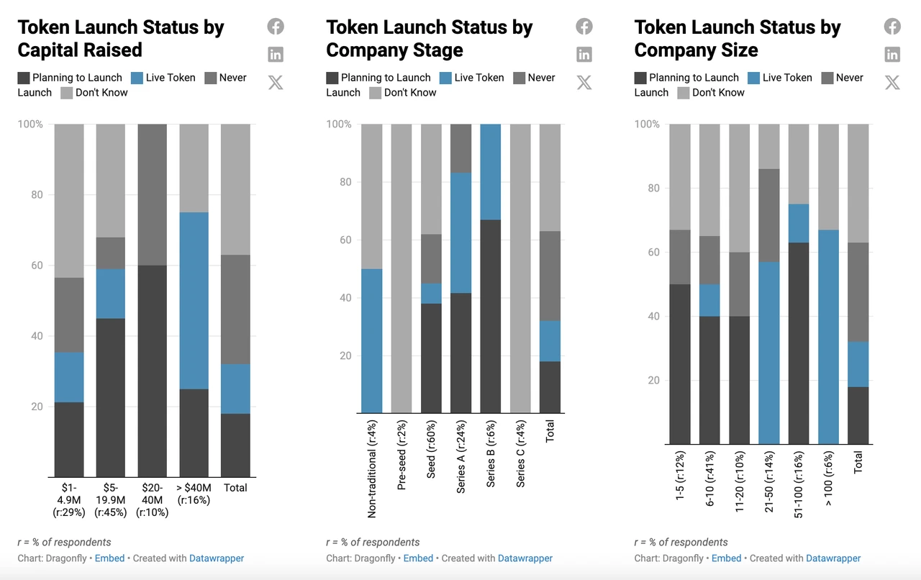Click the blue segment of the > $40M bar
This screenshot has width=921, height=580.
coord(194,301)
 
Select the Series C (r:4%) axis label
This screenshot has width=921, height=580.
coord(520,453)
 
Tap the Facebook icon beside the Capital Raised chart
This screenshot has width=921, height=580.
coord(276,27)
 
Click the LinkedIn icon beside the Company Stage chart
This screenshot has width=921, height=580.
coord(584,54)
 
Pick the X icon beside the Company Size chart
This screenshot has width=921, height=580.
coord(892,82)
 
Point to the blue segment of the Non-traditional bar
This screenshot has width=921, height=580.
coord(372,340)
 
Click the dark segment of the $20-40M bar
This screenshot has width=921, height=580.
coord(153,371)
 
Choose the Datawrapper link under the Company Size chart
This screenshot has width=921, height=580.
coord(833,558)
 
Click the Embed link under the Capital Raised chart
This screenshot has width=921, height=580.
coord(110,558)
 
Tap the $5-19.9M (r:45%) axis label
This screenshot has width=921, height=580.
coord(111,500)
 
